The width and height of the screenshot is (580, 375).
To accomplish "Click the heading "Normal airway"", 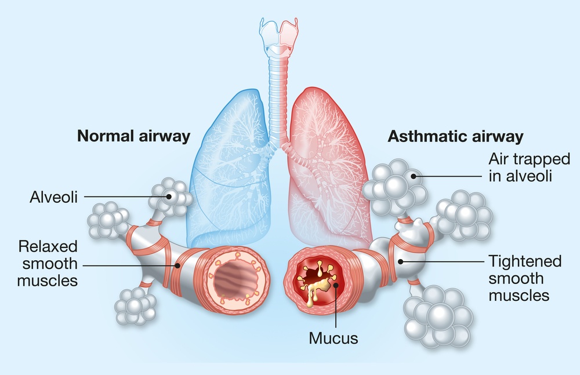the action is pyautogui.click(x=133, y=136).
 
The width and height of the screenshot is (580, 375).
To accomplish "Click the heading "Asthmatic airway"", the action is pyautogui.click(x=455, y=136).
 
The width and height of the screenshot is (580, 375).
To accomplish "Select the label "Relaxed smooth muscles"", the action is pyautogui.click(x=48, y=264).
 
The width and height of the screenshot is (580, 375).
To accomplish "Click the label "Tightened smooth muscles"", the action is pyautogui.click(x=525, y=278).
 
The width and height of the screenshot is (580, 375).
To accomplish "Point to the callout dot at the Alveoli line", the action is pyautogui.click(x=169, y=196).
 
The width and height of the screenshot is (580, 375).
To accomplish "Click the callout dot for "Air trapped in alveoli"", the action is pyautogui.click(x=413, y=176).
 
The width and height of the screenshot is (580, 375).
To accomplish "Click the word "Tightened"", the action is pyautogui.click(x=525, y=261).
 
